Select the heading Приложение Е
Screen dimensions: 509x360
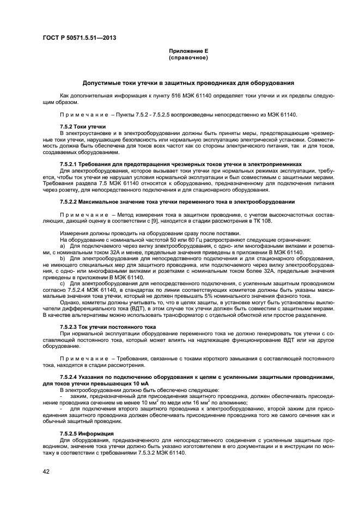(x=188, y=51)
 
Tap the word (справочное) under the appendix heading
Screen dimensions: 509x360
(x=188, y=57)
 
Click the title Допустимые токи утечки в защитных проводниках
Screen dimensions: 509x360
(x=188, y=83)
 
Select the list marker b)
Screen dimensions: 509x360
(x=63, y=258)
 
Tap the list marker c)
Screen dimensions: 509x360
(x=63, y=283)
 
